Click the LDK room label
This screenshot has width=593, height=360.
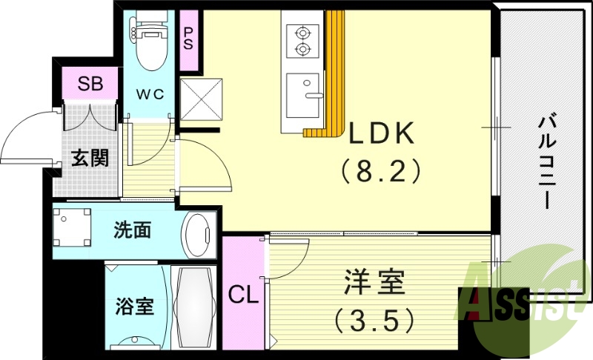click(380, 133)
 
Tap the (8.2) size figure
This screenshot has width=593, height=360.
click(381, 172)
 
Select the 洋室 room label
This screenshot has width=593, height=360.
click(374, 282)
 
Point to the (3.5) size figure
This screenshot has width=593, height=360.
click(374, 320)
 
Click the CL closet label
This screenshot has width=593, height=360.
click(243, 296)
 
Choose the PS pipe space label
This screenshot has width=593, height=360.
click(189, 38)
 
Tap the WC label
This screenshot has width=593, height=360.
click(153, 93)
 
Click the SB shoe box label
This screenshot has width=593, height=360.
click(90, 82)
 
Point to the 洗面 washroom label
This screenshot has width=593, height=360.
click(133, 230)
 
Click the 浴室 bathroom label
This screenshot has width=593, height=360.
click(135, 305)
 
